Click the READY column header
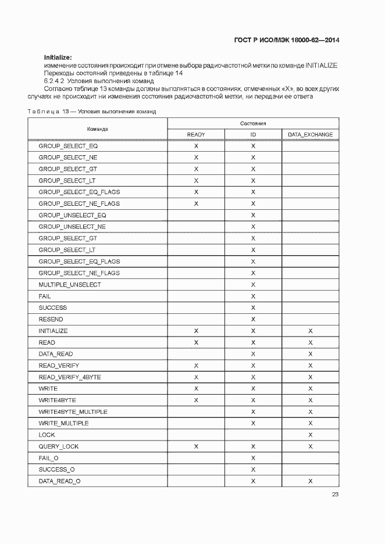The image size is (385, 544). (x=196, y=135)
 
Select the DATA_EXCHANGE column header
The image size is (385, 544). (x=311, y=135)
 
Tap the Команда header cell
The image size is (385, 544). (x=98, y=129)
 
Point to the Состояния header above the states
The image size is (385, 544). (x=253, y=123)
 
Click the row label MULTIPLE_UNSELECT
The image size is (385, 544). (x=70, y=285)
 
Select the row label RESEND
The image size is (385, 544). (x=51, y=319)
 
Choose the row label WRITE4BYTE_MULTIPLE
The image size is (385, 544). (x=73, y=412)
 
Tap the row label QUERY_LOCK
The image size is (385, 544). (x=59, y=446)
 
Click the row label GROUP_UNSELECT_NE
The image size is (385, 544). (x=72, y=227)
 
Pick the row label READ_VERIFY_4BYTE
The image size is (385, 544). (x=70, y=377)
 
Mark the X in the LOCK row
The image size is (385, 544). (x=311, y=435)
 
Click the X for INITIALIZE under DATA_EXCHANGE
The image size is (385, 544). (x=311, y=331)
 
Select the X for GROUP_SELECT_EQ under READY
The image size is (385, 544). (x=196, y=146)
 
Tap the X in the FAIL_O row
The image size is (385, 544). (x=253, y=458)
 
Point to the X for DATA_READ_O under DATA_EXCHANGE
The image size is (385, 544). (x=311, y=481)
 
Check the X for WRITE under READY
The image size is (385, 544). (x=196, y=389)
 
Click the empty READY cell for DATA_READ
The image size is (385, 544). (x=196, y=354)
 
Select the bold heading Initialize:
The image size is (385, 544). (x=58, y=57)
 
